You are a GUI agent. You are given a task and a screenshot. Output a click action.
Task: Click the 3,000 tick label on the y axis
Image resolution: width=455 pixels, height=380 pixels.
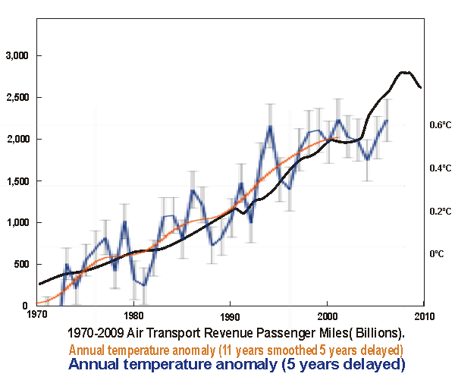point(17,56)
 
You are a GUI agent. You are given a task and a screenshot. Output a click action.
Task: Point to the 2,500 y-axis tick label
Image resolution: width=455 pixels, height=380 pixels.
point(17,98)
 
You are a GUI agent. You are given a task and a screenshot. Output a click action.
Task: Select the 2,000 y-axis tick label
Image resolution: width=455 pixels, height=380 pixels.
point(17,140)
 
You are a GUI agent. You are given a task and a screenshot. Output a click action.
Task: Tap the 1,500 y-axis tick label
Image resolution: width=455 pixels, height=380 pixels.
point(17,181)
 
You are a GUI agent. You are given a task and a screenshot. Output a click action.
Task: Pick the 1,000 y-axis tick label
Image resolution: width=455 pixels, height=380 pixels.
point(17,223)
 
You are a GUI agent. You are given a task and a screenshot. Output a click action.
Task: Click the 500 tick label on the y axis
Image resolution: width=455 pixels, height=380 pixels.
point(21,264)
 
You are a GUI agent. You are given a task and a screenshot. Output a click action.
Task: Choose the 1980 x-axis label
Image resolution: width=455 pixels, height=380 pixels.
point(133,315)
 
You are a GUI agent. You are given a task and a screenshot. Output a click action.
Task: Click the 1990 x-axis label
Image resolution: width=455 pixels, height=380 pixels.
point(231,315)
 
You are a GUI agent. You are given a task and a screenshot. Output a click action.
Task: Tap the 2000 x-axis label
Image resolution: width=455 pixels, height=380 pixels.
point(327,315)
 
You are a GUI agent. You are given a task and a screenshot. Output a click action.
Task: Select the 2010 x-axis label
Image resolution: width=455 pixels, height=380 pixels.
point(424,315)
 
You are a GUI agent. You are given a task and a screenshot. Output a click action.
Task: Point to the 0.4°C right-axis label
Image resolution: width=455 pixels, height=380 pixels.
point(441,168)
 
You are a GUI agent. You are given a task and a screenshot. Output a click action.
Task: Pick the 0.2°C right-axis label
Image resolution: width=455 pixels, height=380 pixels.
point(441,212)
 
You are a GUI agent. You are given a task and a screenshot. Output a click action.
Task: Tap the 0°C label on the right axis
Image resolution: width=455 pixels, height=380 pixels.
point(437,254)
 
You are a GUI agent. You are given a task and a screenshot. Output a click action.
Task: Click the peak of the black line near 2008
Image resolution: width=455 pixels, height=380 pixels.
point(406,72)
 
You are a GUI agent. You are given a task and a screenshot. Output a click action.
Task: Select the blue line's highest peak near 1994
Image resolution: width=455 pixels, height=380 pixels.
point(270,127)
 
